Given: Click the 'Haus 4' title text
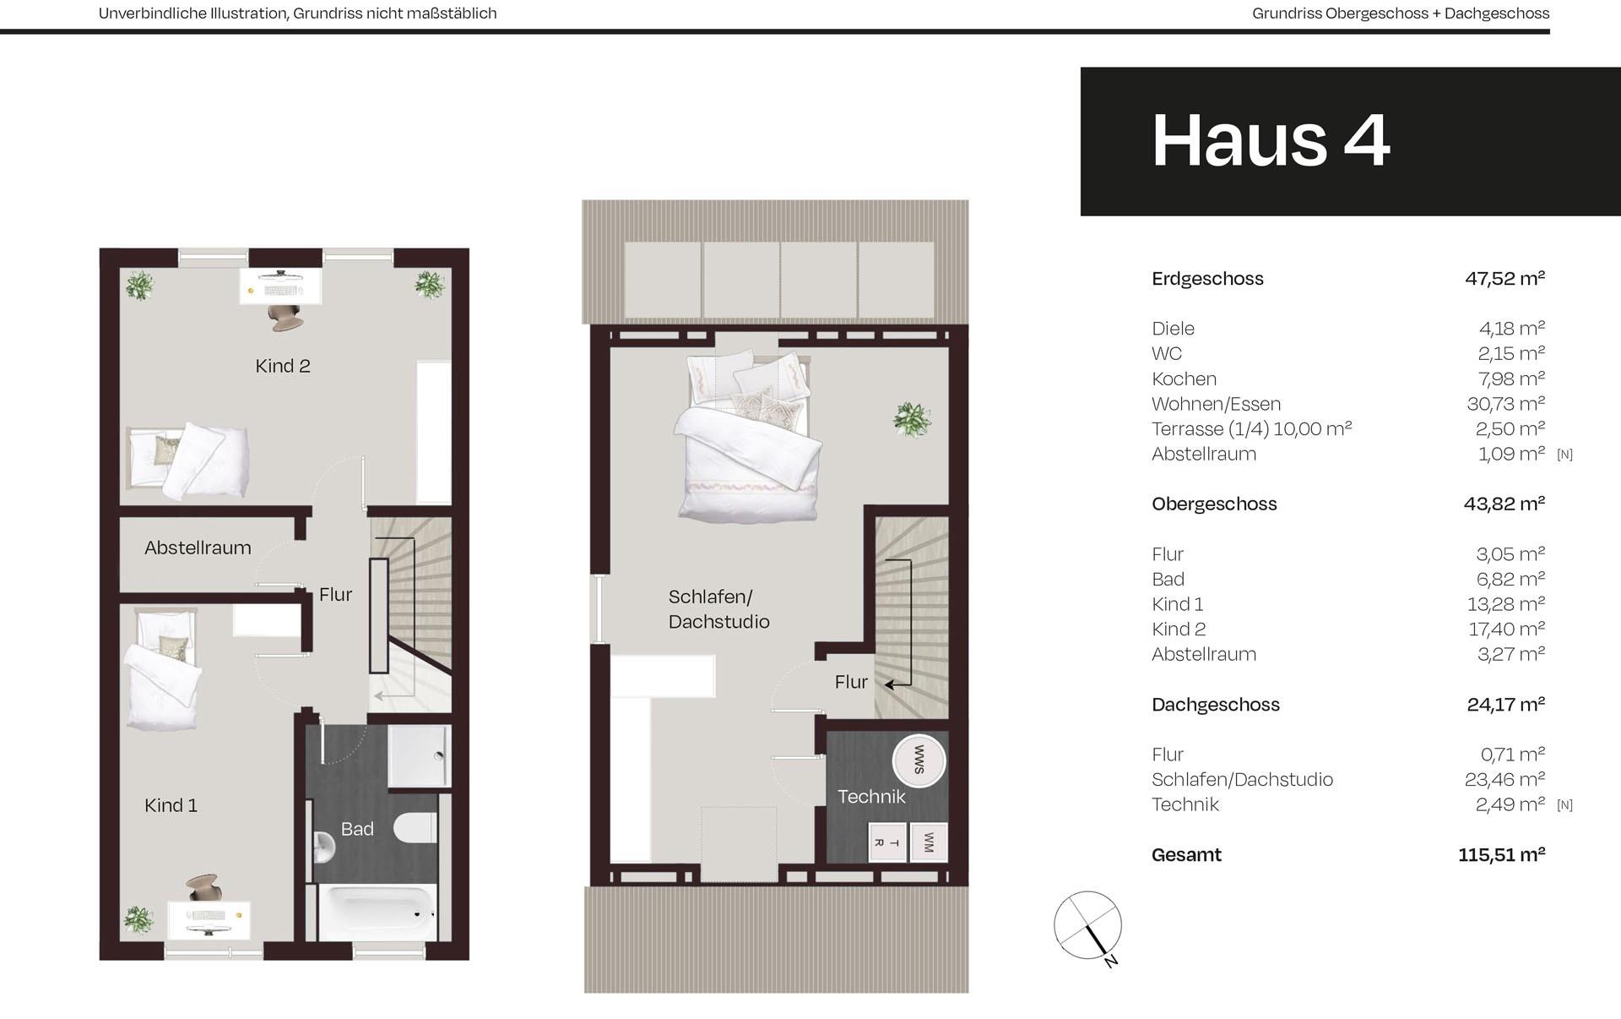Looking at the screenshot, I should point(1271,140).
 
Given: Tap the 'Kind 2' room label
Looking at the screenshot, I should point(283,366).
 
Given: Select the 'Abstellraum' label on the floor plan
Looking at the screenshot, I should point(198,548).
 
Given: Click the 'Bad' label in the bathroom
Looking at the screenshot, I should point(357,829).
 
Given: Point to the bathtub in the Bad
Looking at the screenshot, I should point(377,912).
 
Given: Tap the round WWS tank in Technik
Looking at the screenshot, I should point(919,760).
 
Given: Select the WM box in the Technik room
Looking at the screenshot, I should point(929,842).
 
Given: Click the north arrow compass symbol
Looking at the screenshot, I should point(1088,926).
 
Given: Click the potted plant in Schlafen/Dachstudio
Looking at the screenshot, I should point(912,418).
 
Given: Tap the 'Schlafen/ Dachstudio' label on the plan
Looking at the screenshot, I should point(718,609).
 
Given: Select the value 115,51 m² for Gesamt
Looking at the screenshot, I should point(1501,854).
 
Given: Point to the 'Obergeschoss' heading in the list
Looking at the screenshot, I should point(1214,504).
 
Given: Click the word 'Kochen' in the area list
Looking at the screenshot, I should point(1184,379).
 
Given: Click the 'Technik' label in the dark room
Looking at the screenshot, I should point(871,796).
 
